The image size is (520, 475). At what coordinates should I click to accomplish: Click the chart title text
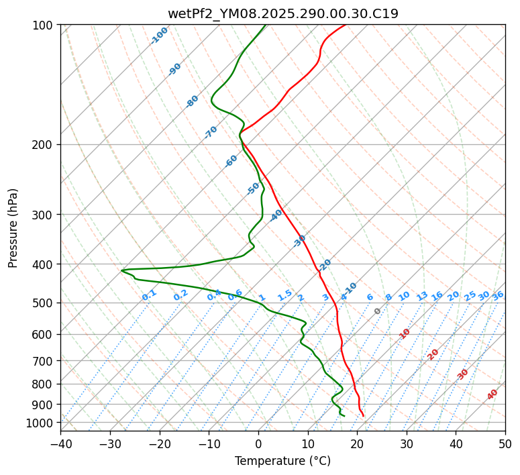(282, 13)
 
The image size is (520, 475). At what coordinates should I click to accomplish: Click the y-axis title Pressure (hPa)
(13, 228)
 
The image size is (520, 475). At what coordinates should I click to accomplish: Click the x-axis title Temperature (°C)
(282, 461)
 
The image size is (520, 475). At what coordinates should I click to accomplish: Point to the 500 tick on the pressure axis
(44, 303)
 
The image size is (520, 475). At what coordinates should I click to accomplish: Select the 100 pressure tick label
(44, 25)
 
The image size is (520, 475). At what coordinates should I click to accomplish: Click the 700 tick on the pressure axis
(44, 361)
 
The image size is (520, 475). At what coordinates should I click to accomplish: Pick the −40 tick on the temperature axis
(60, 443)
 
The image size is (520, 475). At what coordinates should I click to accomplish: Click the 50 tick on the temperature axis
(505, 443)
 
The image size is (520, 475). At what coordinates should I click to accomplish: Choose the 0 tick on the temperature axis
(258, 443)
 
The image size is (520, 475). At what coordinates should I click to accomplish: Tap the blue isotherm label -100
(160, 36)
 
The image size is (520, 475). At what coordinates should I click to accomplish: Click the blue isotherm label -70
(211, 132)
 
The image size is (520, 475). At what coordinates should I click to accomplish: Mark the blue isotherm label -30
(300, 240)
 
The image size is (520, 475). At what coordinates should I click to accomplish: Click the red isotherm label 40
(492, 394)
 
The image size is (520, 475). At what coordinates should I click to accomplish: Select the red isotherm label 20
(433, 354)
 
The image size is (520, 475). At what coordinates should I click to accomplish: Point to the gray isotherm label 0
(378, 311)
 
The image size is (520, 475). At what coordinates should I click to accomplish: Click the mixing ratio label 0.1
(149, 295)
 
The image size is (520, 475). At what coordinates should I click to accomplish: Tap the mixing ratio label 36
(498, 295)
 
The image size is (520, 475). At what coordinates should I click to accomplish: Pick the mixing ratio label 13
(422, 296)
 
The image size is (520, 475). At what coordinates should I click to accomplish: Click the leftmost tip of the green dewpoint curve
(121, 270)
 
